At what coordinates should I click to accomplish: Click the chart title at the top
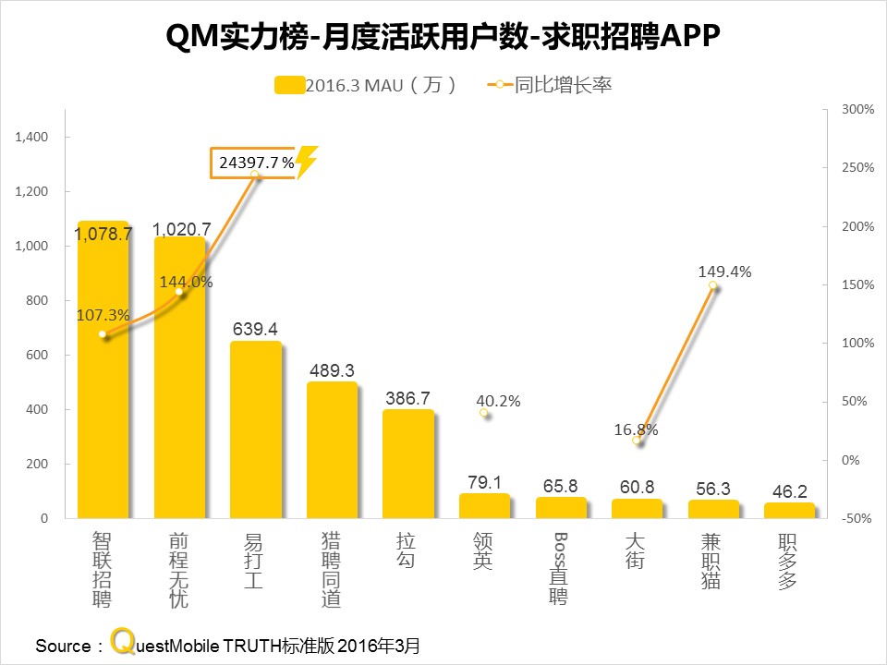click(x=443, y=38)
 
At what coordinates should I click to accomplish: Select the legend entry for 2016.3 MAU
click(x=366, y=85)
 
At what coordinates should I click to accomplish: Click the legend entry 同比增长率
click(x=549, y=85)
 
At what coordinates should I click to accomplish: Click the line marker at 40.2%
click(x=484, y=413)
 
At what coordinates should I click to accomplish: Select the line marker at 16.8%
click(x=637, y=441)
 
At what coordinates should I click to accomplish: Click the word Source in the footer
click(x=63, y=645)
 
